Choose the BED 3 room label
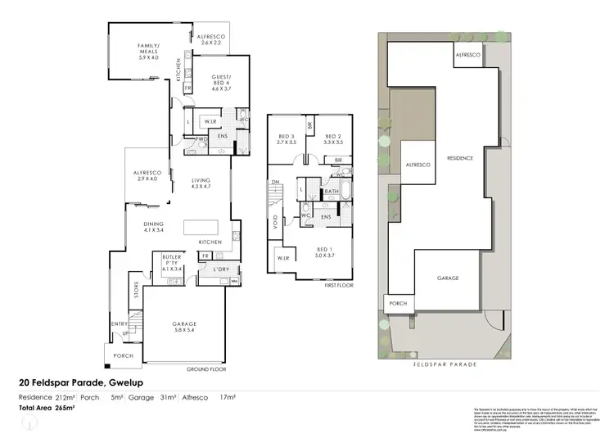pyautogui.click(x=287, y=138)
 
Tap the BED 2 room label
pyautogui.click(x=332, y=138)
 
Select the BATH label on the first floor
pyautogui.click(x=332, y=192)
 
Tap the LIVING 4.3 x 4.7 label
pyautogui.click(x=201, y=184)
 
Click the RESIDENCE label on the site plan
pyautogui.click(x=458, y=159)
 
